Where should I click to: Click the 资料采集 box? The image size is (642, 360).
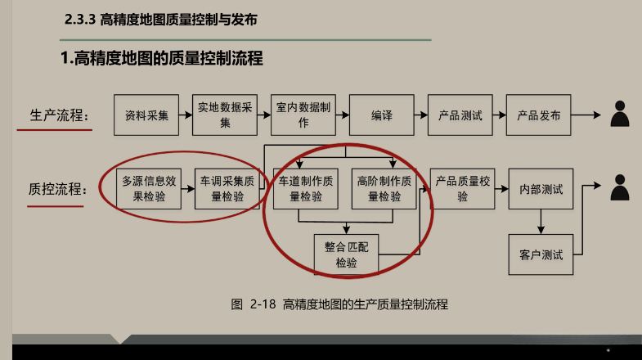click(146, 115)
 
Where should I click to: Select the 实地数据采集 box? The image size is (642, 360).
click(225, 115)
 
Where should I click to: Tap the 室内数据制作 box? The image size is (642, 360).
click(303, 115)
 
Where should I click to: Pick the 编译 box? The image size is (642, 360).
click(381, 115)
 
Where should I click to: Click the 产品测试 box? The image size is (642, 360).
click(460, 115)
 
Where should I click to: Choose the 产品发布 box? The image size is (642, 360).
click(538, 115)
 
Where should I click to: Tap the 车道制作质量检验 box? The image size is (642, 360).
click(305, 189)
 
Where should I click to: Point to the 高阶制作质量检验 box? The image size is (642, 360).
click(384, 189)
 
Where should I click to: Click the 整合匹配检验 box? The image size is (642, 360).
click(346, 254)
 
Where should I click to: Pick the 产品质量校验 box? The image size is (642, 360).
click(462, 189)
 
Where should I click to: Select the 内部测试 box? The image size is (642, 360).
click(541, 189)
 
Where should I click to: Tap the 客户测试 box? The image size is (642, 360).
click(541, 254)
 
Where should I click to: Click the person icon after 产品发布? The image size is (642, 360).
click(620, 114)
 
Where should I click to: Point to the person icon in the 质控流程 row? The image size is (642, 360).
click(620, 188)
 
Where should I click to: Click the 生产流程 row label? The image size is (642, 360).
click(59, 115)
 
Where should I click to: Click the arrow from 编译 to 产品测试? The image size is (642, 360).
click(420, 115)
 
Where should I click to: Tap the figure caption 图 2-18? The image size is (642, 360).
click(339, 304)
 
